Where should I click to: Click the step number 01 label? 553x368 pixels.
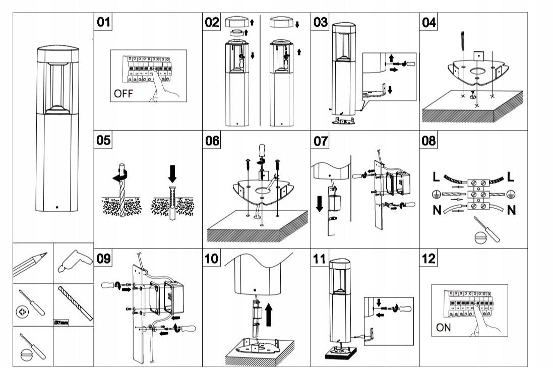103,22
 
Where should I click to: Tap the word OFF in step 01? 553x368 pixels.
124,93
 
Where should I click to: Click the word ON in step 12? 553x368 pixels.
444,328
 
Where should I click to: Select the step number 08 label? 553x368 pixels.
429,141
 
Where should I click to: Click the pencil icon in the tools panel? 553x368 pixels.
30,264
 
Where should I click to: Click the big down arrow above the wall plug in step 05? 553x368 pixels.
172,174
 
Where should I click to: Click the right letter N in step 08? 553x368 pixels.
511,210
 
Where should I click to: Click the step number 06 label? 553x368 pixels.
212,141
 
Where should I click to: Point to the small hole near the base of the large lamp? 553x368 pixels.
56,207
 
